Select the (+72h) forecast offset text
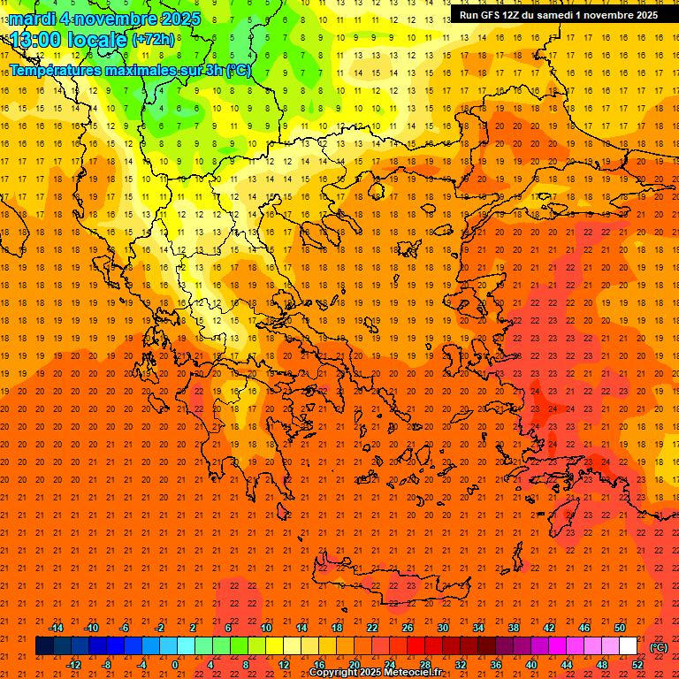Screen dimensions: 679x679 (x=153, y=40)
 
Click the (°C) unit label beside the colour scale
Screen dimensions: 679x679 (x=659, y=647)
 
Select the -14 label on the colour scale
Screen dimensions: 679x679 (x=56, y=627)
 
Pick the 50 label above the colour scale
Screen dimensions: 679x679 (x=620, y=627)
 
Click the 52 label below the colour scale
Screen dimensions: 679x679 (x=637, y=665)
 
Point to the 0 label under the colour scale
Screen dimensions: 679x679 (x=176, y=665)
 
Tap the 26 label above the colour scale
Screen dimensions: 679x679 (x=408, y=627)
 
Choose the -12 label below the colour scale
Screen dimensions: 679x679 (x=73, y=665)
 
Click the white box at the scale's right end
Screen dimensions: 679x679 (x=628, y=646)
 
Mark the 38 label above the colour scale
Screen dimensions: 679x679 (x=514, y=627)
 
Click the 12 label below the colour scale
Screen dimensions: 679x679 (x=285, y=665)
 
